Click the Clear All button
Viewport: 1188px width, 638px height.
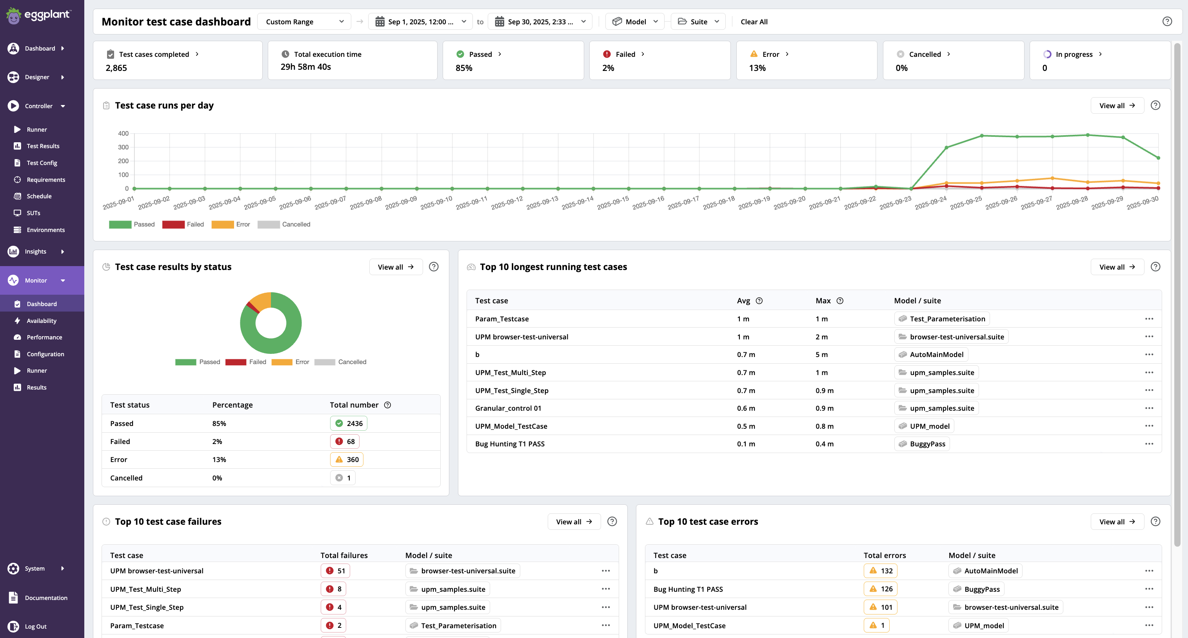[754, 22]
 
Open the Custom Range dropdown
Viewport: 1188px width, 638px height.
[304, 22]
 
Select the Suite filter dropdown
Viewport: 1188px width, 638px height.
[698, 22]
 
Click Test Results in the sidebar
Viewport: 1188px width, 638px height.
[43, 146]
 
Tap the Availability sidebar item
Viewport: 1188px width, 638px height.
[42, 321]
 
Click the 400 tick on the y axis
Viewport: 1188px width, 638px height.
[123, 134]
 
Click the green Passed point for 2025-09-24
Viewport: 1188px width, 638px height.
[946, 147]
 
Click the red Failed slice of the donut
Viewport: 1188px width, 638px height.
[252, 306]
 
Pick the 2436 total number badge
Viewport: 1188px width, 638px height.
[349, 423]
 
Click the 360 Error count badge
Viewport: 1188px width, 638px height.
[347, 460]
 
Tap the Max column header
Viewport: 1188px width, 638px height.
[823, 301]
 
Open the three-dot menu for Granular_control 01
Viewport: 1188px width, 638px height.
[1149, 408]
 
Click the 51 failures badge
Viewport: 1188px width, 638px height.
[335, 571]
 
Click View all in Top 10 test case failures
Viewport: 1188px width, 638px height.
[574, 522]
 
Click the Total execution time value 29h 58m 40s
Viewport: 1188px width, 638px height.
[305, 67]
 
